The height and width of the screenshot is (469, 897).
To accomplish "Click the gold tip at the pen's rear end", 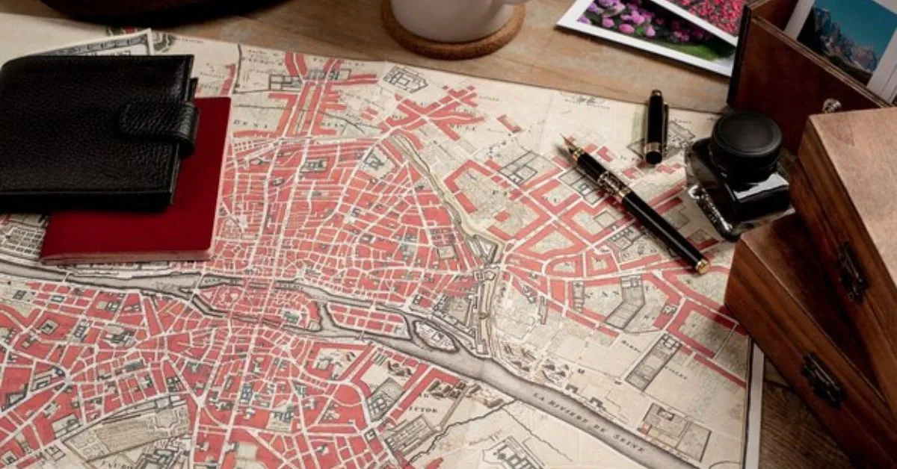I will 703,265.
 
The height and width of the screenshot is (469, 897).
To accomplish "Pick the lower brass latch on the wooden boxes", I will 823,380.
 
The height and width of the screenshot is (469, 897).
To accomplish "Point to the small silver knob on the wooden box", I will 831,105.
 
